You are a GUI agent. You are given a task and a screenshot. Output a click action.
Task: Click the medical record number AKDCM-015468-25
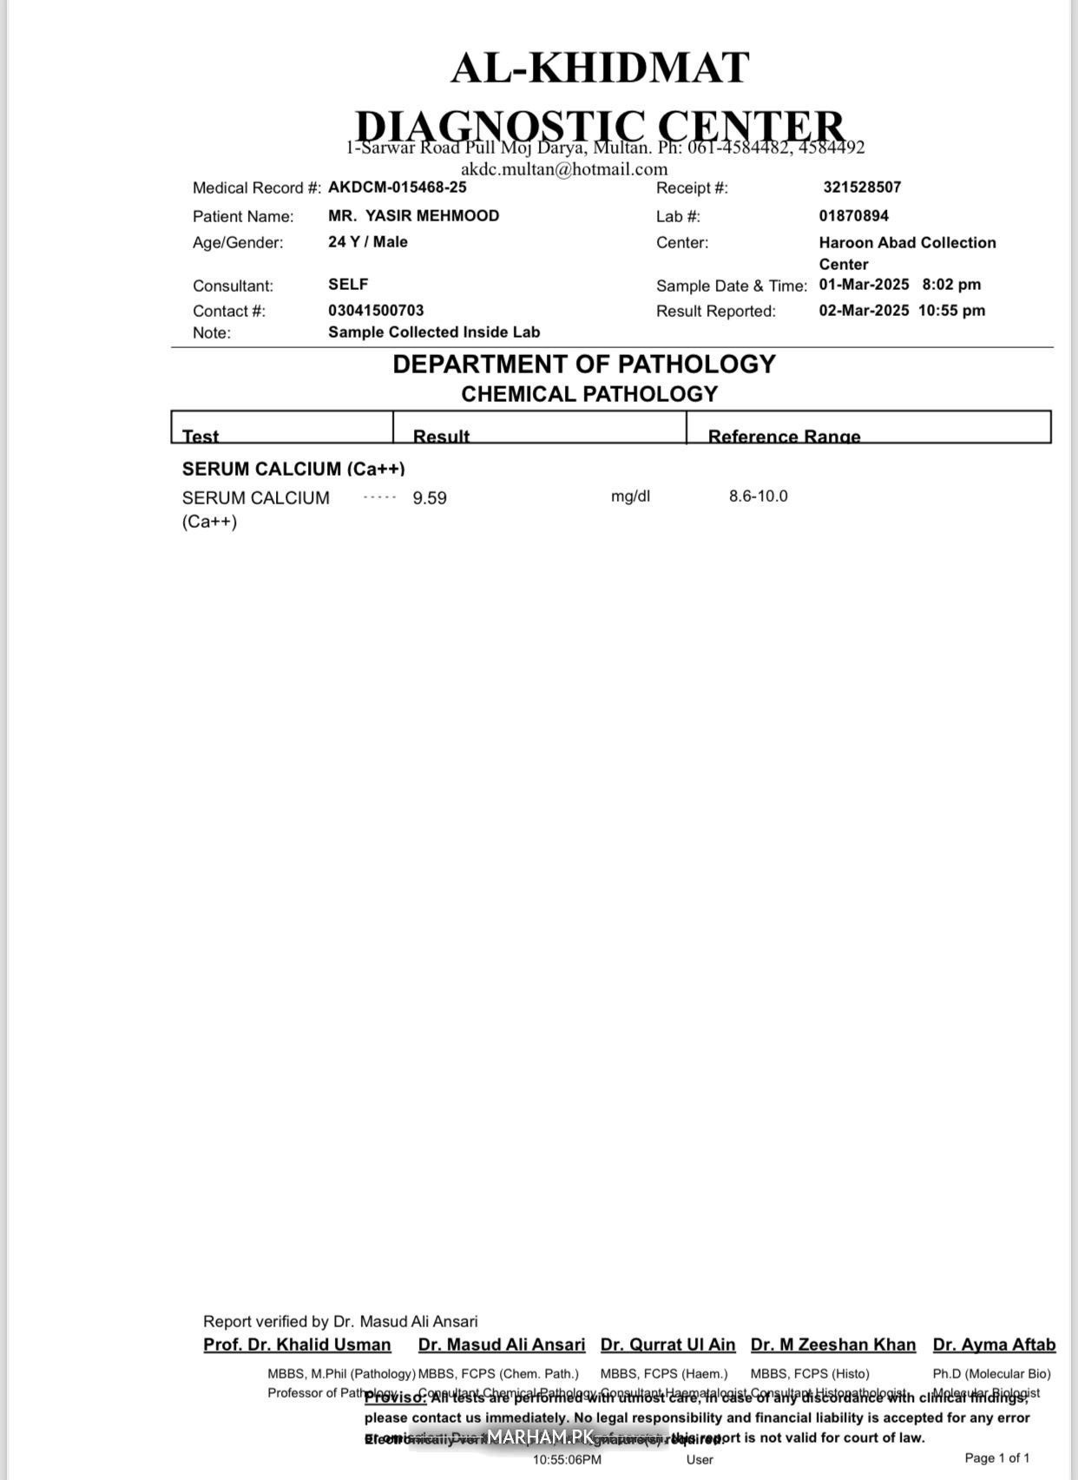click(x=397, y=187)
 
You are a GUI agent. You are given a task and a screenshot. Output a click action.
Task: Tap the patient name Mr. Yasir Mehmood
click(x=413, y=216)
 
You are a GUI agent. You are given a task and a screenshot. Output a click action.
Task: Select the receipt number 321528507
click(x=862, y=187)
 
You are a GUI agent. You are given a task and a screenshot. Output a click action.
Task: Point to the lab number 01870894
click(x=854, y=216)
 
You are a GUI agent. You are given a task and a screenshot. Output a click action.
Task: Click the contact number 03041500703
click(x=376, y=311)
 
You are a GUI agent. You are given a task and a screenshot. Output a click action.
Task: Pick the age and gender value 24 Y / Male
click(x=368, y=242)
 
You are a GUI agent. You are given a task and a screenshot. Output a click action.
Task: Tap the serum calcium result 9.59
click(x=430, y=498)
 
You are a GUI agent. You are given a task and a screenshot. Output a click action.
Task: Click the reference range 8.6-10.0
click(x=759, y=497)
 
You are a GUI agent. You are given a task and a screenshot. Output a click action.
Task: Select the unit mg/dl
click(x=630, y=497)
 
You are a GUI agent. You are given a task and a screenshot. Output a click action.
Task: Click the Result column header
click(x=441, y=436)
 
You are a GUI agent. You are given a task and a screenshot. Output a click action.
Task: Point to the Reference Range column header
click(x=784, y=436)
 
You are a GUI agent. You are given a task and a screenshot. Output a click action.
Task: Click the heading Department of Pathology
click(x=584, y=365)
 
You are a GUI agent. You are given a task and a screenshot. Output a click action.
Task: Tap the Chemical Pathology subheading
click(x=589, y=394)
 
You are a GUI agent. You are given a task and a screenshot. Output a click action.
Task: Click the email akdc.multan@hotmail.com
click(x=564, y=169)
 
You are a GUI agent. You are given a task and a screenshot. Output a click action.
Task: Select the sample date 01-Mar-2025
click(x=864, y=285)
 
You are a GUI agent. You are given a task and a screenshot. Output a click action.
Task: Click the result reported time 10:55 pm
click(x=951, y=311)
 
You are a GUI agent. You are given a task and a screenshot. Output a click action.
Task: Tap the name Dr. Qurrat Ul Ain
click(x=667, y=1345)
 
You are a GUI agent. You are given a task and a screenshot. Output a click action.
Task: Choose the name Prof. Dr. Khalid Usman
click(x=297, y=1345)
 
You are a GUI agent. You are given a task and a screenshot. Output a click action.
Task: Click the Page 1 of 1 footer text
click(x=997, y=1458)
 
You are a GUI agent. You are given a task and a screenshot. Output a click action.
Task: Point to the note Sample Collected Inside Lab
click(x=434, y=332)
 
